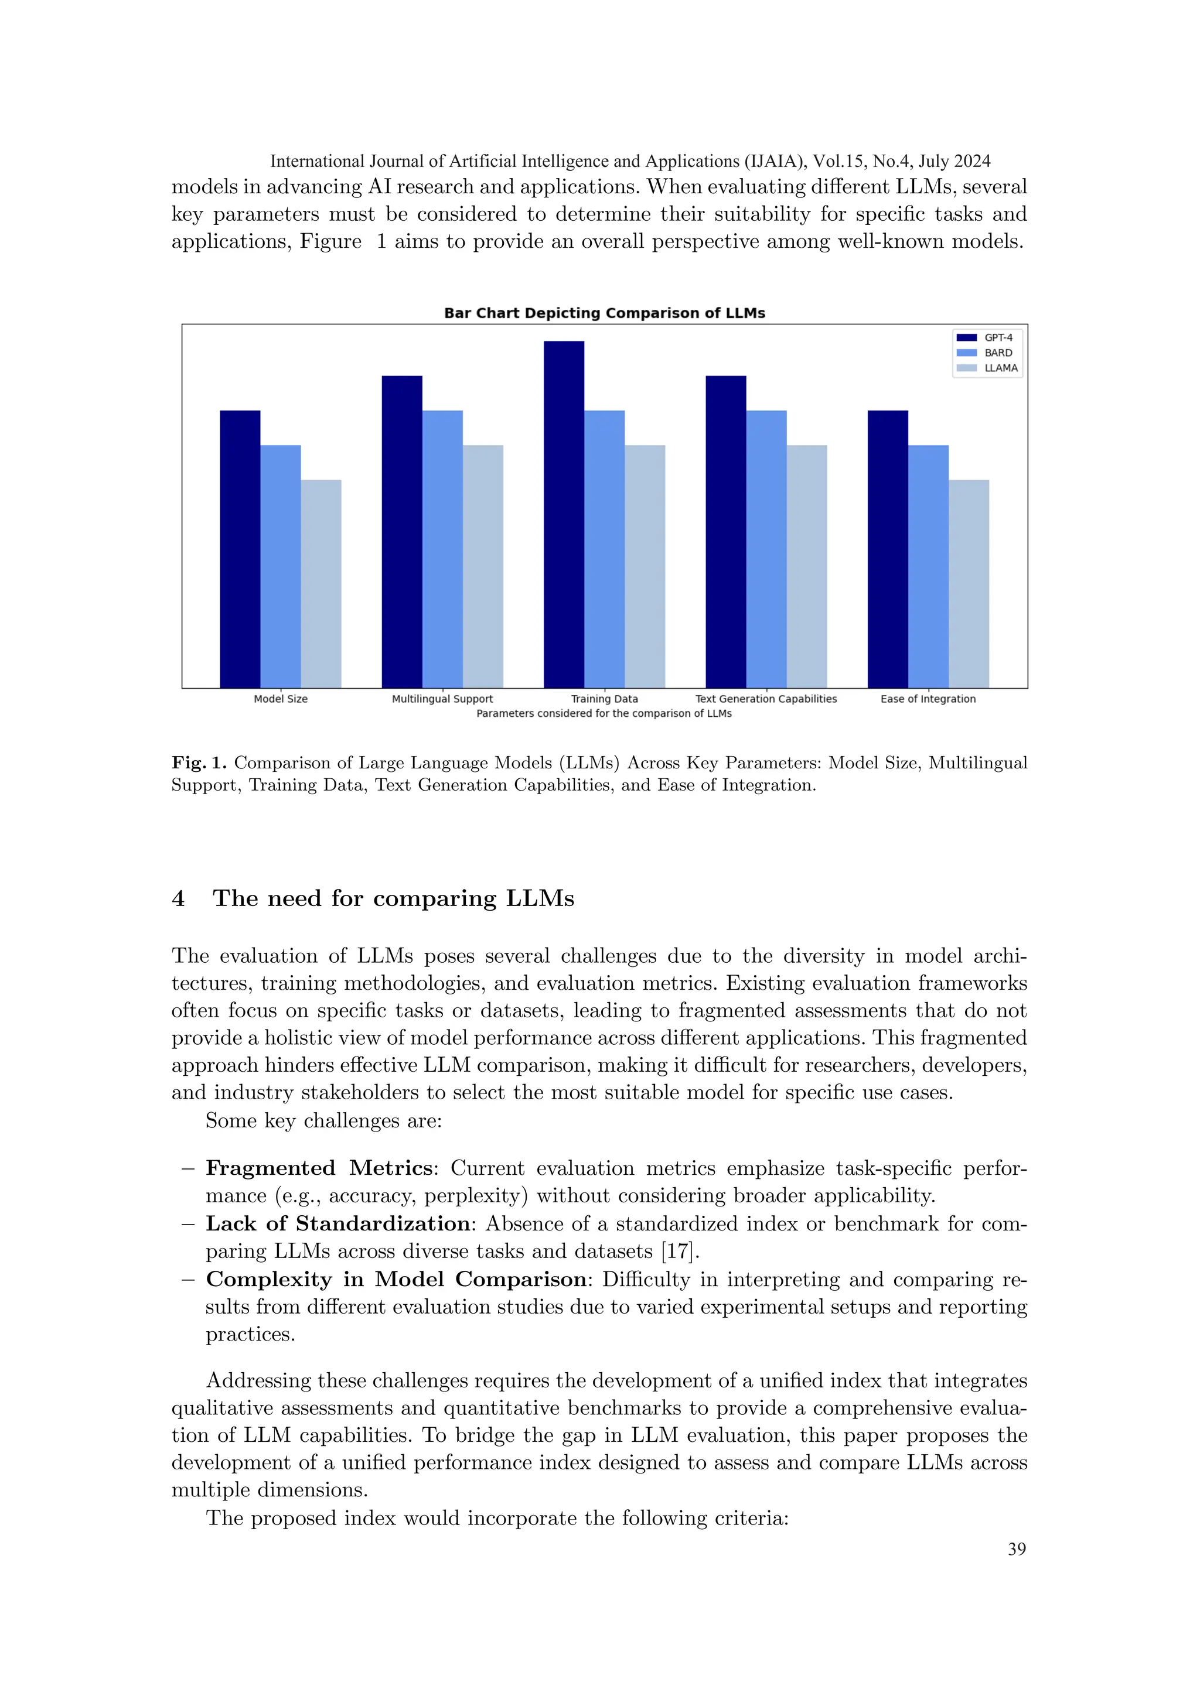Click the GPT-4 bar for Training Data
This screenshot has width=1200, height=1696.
click(x=564, y=514)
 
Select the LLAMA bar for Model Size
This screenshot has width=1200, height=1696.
click(x=321, y=583)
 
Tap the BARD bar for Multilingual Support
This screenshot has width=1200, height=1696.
click(x=442, y=549)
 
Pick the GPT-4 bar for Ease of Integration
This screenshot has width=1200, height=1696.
click(x=888, y=549)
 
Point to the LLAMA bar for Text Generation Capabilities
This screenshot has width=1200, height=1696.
click(x=806, y=566)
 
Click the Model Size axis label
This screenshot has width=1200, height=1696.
click(x=281, y=699)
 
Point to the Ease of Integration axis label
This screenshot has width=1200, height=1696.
click(x=928, y=699)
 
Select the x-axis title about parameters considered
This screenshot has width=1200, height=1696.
click(x=604, y=713)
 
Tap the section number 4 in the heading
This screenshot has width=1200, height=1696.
click(x=178, y=899)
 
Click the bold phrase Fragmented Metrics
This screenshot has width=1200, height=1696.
click(x=319, y=1168)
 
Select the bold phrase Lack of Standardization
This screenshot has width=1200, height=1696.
click(x=337, y=1223)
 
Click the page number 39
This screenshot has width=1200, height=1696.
click(x=1017, y=1549)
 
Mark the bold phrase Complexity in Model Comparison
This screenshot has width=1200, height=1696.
click(x=396, y=1280)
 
